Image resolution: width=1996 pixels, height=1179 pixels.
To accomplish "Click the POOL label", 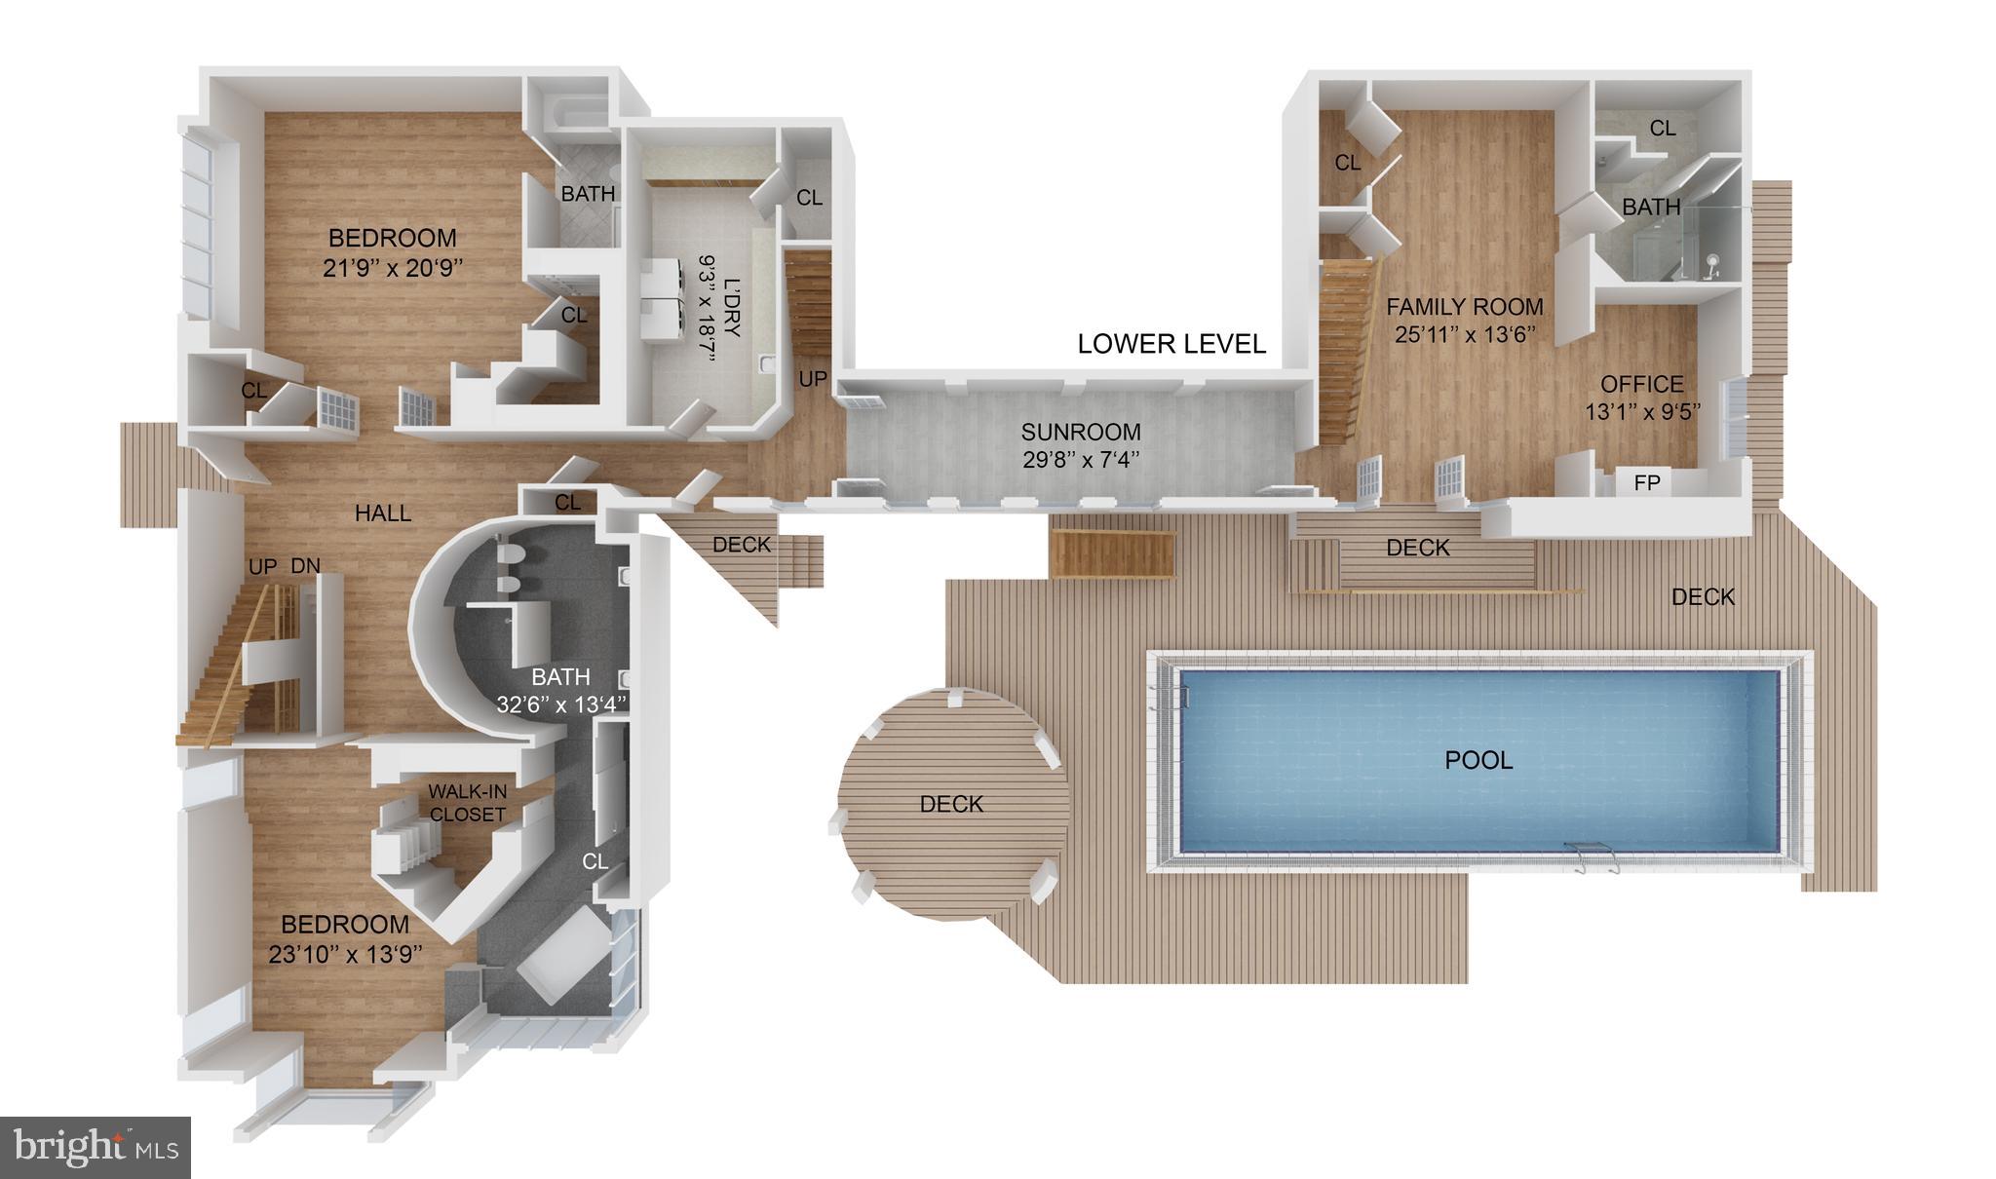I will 1478,760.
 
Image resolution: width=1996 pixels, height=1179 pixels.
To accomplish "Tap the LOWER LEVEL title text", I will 1171,344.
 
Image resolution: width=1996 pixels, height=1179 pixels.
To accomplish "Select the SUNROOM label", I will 1081,432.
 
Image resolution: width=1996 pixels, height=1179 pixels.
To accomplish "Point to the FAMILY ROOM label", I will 1464,307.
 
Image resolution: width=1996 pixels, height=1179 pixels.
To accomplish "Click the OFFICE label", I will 1641,384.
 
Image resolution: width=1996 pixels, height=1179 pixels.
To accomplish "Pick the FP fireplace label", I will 1646,482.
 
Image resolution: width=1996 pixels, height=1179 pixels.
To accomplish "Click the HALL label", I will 383,513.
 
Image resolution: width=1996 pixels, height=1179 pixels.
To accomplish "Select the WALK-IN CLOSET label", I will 468,803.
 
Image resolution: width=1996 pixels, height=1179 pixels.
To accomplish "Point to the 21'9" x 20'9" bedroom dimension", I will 393,268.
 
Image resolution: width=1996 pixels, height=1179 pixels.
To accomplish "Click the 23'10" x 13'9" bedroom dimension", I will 345,954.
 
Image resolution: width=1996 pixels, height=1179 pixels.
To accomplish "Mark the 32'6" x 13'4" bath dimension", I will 560,704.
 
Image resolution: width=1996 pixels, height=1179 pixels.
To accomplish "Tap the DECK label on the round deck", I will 951,804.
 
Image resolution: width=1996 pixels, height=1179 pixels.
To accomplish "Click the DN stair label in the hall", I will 306,565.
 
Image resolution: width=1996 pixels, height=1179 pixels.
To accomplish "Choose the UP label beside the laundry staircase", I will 813,379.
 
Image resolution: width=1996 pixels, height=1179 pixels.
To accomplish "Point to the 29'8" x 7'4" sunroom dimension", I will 1081,459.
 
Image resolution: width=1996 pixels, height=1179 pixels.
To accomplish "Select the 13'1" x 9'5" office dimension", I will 1642,412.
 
